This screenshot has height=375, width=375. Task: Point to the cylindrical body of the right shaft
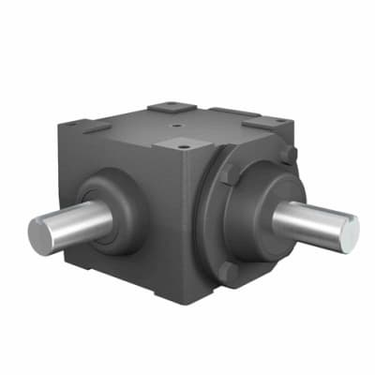(x=305, y=221)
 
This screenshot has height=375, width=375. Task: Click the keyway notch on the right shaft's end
(x=352, y=222)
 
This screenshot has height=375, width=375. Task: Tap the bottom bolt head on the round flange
(x=228, y=270)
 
